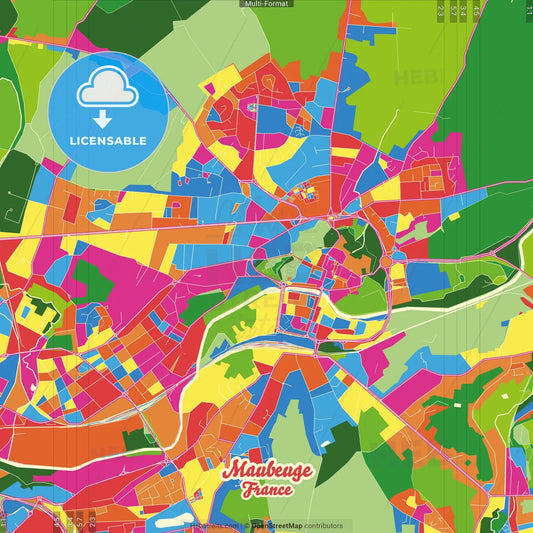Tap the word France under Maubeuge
[266, 490]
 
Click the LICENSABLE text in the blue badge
[108, 141]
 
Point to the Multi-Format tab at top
[266, 4]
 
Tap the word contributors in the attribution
[318, 525]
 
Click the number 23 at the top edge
[442, 10]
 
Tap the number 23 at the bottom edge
[91, 522]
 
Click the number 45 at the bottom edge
[56, 522]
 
